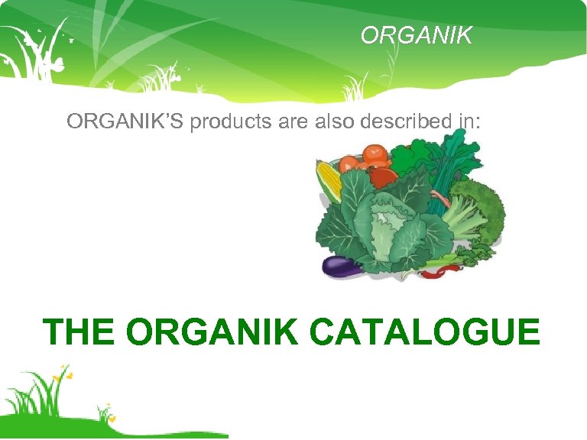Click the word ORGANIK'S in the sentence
(x=125, y=121)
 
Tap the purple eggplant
(x=342, y=266)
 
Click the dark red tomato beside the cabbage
(x=382, y=178)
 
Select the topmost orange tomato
(x=375, y=154)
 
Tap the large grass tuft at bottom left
(x=38, y=397)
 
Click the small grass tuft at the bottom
(x=103, y=413)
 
